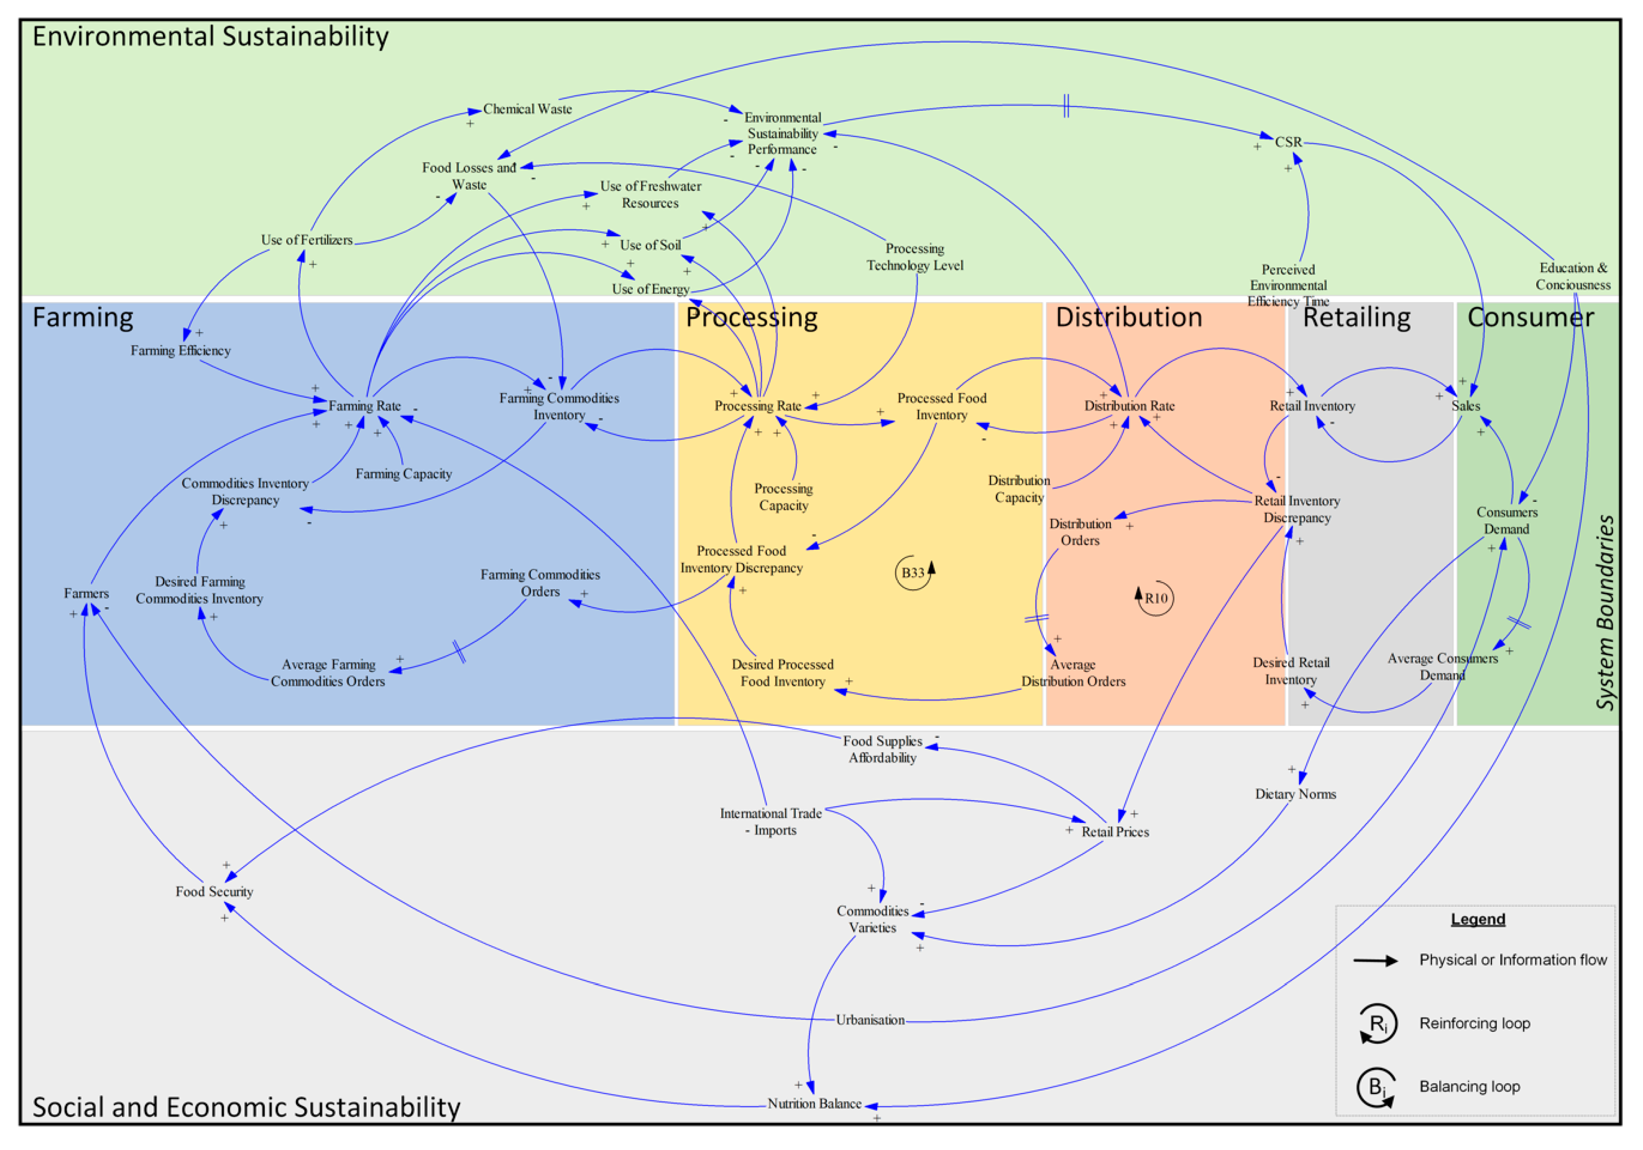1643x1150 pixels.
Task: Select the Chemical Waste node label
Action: click(527, 109)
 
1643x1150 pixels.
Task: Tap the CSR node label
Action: click(1288, 142)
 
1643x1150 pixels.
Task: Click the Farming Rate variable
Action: click(364, 406)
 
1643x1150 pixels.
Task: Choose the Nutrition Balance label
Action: click(814, 1103)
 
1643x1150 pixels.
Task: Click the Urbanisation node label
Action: click(870, 1020)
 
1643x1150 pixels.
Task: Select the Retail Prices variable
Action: click(1115, 832)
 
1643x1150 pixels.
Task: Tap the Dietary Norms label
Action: click(1295, 793)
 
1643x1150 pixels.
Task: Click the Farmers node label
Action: click(86, 593)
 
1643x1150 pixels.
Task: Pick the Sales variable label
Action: click(1466, 406)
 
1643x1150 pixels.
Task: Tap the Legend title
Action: click(1478, 919)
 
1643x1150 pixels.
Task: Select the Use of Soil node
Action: click(650, 245)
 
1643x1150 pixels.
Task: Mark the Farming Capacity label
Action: click(404, 474)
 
